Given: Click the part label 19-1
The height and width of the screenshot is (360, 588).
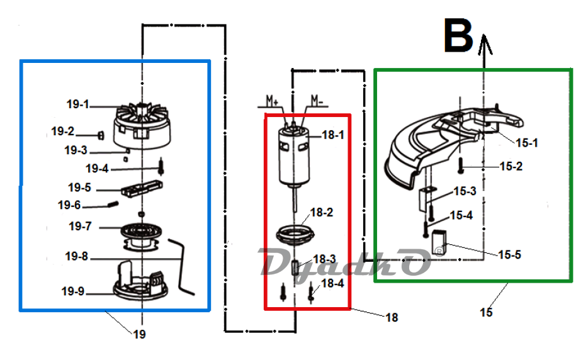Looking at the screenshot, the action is point(77,104).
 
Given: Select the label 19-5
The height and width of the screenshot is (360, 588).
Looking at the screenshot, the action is point(79,188).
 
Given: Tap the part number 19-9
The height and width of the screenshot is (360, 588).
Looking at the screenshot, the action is point(73,291).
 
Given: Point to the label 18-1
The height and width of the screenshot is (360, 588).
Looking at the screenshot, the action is point(333,135).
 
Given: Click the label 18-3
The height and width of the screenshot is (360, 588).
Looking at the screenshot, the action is point(324,259).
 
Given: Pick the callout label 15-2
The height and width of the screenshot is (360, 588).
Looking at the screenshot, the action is point(511,166).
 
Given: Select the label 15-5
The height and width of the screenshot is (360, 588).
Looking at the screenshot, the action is point(510,255).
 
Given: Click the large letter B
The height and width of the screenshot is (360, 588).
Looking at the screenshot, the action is point(458,36).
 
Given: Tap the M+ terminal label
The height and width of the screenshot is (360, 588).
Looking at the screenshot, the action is point(272,101).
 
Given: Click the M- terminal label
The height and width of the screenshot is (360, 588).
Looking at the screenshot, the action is point(317,101).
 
